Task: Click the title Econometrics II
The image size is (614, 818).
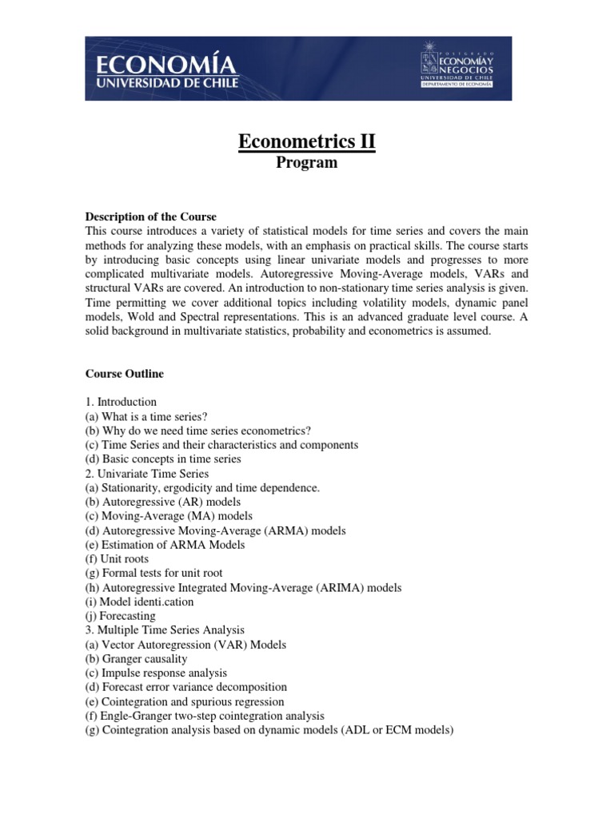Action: [307, 142]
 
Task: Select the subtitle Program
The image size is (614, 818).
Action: [307, 163]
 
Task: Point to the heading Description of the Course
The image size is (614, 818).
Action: [151, 216]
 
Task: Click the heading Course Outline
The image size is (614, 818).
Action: [125, 373]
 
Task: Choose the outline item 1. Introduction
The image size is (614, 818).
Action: [122, 402]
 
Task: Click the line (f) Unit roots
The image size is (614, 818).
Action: [117, 559]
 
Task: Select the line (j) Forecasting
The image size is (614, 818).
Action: [121, 616]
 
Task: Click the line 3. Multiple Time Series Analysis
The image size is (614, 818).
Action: [165, 630]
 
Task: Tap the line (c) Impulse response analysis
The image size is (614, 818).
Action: [156, 673]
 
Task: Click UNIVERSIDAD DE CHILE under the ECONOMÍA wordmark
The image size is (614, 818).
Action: [167, 82]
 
